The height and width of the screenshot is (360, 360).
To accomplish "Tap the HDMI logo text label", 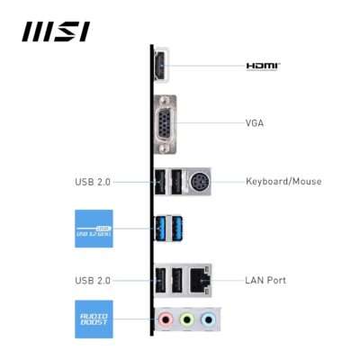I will coord(264,66).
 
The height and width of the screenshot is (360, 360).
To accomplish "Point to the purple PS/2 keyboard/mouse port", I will coord(199,181).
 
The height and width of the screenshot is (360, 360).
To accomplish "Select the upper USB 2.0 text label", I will coord(93,182).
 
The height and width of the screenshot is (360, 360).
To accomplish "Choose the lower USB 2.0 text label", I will coord(93,280).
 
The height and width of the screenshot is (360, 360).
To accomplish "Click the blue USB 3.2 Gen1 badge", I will coord(94,229).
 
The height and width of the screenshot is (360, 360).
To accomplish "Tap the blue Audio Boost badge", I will coord(94,319).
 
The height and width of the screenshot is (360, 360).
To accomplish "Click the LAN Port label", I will coord(265,280).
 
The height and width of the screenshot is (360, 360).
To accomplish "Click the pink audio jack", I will coord(164,319).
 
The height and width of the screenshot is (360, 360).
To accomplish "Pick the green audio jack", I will coord(186,319).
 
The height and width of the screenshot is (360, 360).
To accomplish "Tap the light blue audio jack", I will coord(208,319).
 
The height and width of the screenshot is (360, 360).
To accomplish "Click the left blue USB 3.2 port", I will coord(161,230).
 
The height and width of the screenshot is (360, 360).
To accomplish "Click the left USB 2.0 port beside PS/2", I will coord(161,182).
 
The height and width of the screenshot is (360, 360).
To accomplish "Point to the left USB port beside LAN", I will coord(161,280).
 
